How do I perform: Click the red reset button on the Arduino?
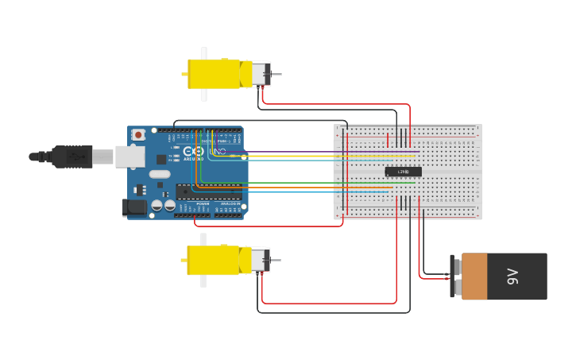coord(138,135)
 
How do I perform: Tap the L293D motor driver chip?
coord(403,172)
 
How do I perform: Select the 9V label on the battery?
coord(512,277)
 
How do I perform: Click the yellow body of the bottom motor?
coord(214,260)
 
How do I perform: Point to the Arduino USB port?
coord(130,157)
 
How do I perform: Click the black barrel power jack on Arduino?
coord(136,208)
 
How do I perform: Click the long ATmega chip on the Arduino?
coord(209,191)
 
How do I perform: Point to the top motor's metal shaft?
coord(276,75)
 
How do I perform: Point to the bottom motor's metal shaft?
coord(275,260)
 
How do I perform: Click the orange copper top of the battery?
coord(474,277)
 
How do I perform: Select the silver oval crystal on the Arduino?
coord(160,174)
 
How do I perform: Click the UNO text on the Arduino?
coord(217,151)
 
